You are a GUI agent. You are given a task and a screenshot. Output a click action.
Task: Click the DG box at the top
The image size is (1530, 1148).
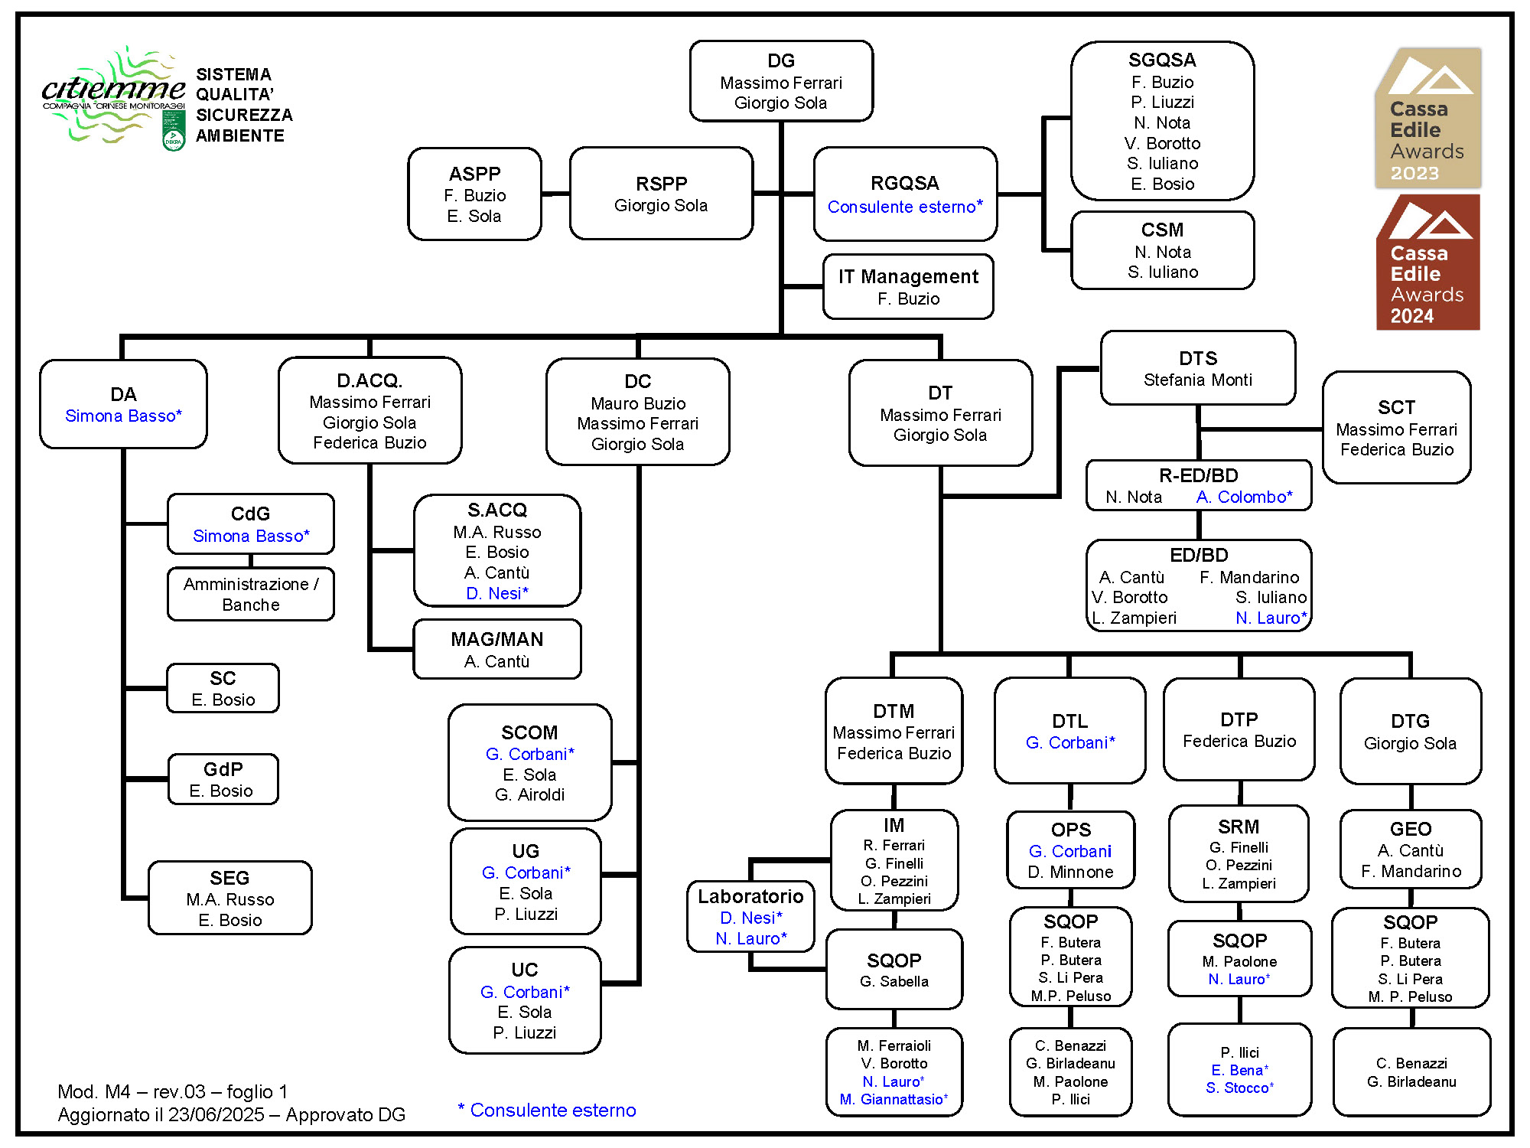tap(780, 81)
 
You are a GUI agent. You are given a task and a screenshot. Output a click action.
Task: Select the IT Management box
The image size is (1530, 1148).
tap(908, 287)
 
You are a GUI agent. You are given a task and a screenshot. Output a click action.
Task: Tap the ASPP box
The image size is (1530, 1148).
tap(474, 194)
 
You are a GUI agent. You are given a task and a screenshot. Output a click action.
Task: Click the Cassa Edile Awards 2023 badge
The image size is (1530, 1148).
tap(1427, 119)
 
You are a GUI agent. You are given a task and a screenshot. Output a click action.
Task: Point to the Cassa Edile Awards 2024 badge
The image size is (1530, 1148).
tap(1427, 263)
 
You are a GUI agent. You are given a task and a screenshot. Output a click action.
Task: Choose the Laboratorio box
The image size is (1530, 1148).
tap(750, 917)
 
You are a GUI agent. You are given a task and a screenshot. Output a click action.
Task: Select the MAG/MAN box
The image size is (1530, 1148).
tap(497, 650)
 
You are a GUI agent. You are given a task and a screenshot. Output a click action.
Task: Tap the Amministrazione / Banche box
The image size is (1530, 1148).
tap(251, 594)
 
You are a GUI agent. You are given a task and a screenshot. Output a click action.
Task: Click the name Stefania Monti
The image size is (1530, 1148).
tap(1197, 380)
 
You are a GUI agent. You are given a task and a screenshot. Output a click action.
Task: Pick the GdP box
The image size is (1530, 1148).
tap(223, 780)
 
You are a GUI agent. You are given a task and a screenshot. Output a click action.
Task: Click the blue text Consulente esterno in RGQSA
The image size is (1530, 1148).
tap(904, 207)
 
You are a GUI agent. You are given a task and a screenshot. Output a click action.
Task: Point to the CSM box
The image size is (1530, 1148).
tap(1162, 250)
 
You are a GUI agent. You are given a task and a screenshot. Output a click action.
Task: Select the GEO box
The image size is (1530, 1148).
tap(1410, 850)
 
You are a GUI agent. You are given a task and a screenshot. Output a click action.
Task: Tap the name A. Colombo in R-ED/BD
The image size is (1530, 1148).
tap(1244, 497)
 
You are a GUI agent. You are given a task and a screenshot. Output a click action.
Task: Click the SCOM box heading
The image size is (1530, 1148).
tap(529, 732)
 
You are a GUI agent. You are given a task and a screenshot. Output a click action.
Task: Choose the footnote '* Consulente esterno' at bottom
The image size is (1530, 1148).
tap(547, 1110)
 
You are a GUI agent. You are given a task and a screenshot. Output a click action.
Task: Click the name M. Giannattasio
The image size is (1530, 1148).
tap(893, 1100)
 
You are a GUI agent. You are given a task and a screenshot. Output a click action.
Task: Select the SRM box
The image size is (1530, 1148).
tap(1239, 854)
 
